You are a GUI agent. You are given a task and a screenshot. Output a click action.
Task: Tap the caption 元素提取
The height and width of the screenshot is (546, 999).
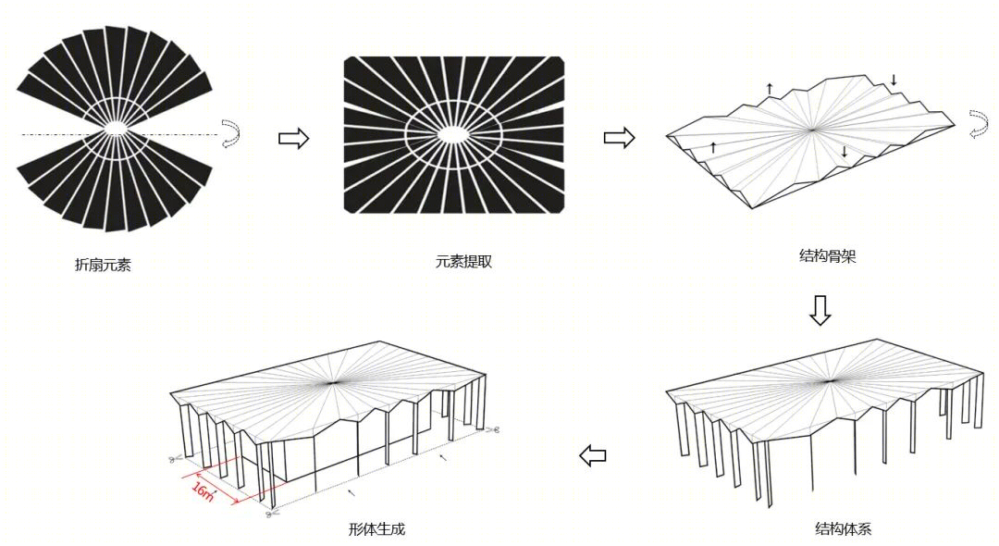click(x=463, y=261)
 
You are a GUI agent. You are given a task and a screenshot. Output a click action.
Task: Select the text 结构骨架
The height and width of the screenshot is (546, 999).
click(x=827, y=256)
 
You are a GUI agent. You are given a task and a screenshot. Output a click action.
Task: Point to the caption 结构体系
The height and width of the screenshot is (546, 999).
click(x=843, y=528)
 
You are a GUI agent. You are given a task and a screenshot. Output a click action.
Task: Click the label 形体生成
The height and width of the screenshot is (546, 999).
click(x=376, y=528)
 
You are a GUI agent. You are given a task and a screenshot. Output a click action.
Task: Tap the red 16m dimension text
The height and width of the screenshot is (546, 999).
click(x=203, y=491)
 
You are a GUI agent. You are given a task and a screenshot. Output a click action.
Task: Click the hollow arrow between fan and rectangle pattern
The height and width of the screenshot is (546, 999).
click(x=294, y=138)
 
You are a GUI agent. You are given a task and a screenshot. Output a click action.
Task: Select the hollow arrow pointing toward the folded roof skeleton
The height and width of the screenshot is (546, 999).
click(x=619, y=138)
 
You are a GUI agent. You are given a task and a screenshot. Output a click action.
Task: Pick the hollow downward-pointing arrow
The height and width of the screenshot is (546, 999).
click(x=820, y=310)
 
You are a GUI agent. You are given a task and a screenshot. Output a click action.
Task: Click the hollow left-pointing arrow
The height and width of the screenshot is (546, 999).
click(x=593, y=455)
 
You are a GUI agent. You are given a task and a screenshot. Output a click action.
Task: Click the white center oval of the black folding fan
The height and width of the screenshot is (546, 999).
click(x=116, y=128)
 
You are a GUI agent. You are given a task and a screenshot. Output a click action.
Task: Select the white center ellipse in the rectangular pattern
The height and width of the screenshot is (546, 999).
click(x=453, y=134)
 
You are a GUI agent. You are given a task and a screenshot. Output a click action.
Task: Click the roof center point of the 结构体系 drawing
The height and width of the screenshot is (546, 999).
click(x=829, y=380)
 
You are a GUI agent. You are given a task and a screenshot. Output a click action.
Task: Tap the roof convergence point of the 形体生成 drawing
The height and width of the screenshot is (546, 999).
click(x=332, y=382)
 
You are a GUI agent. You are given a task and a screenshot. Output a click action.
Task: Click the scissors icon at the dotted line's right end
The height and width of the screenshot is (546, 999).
click(x=491, y=430)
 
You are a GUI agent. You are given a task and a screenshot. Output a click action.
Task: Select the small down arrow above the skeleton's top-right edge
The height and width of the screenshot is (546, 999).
click(x=894, y=80)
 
